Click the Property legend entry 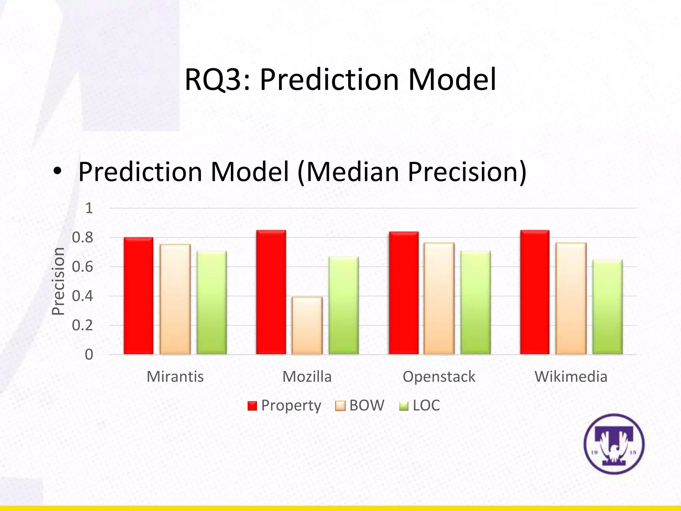click(285, 406)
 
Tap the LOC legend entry click(420, 406)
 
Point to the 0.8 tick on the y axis click(82, 238)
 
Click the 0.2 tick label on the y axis click(82, 325)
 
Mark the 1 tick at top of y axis click(89, 208)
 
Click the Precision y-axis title click(58, 281)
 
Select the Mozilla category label click(307, 377)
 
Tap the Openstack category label click(439, 377)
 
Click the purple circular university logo click(614, 444)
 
